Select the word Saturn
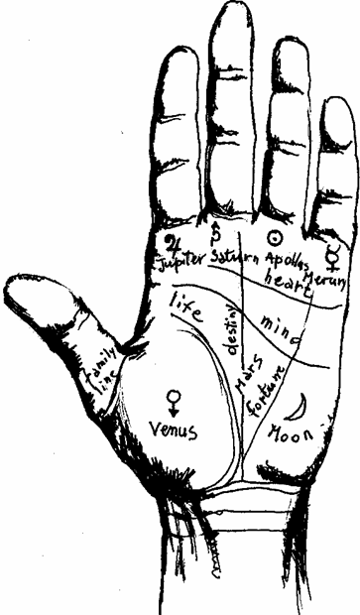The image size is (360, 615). pos(235,258)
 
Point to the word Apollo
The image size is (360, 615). pos(285,259)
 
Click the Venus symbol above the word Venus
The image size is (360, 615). pos(175,399)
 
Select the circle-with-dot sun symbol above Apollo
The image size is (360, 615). pos(277,239)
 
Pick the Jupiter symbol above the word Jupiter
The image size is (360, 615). pos(173,241)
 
